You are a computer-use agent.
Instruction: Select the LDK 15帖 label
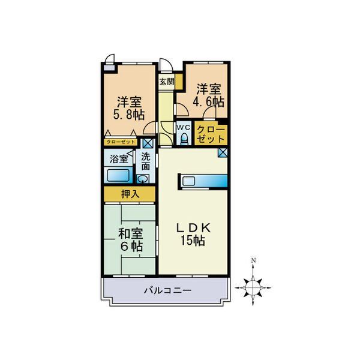pyautogui.click(x=191, y=234)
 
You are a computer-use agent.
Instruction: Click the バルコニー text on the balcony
pyautogui.click(x=167, y=291)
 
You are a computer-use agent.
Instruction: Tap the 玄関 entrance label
pyautogui.click(x=167, y=82)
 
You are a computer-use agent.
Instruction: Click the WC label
pyautogui.click(x=184, y=128)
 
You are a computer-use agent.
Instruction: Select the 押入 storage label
pyautogui.click(x=130, y=194)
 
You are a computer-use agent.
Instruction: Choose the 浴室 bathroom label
pyautogui.click(x=119, y=159)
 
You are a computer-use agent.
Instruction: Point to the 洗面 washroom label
pyautogui.click(x=146, y=162)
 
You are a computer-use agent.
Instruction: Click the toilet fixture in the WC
pyautogui.click(x=184, y=139)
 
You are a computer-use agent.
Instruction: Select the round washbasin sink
pyautogui.click(x=142, y=179)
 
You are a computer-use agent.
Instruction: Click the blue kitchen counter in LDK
pyautogui.click(x=202, y=181)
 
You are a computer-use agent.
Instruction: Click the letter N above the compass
pyautogui.click(x=254, y=260)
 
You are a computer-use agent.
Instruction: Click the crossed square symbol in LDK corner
pyautogui.click(x=223, y=152)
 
